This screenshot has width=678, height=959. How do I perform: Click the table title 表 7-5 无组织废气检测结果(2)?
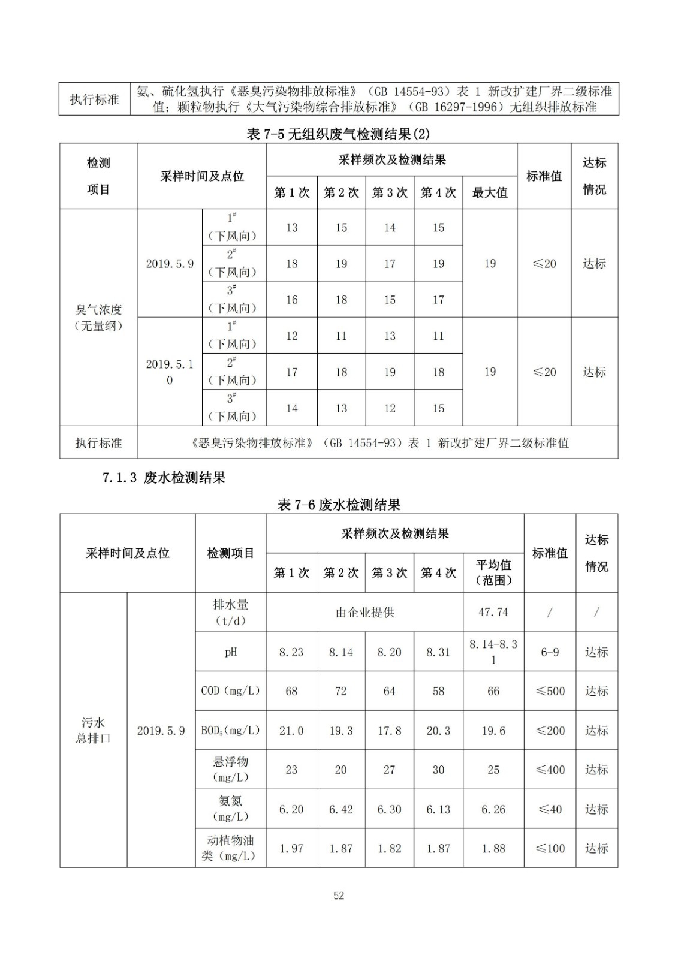[338, 134]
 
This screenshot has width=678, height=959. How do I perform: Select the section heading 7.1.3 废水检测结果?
[164, 478]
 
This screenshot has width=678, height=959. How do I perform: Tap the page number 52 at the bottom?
[339, 895]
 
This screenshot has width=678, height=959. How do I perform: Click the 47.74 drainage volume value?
[493, 612]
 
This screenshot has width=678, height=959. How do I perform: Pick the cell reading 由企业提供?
[364, 613]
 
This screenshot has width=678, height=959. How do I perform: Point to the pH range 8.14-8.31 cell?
[493, 652]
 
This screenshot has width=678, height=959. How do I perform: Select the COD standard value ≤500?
[550, 691]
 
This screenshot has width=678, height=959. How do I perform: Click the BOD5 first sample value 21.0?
[291, 731]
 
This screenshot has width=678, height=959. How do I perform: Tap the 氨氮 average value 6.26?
[493, 809]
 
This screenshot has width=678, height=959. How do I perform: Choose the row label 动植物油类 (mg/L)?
[230, 848]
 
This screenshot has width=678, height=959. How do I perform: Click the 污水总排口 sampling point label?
[93, 731]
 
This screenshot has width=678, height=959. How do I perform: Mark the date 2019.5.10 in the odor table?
[170, 372]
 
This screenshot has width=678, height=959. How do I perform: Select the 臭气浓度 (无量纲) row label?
[98, 318]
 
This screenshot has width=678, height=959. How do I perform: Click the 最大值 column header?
[489, 192]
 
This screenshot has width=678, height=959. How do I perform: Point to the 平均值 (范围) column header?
[493, 572]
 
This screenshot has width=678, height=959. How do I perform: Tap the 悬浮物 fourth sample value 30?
[438, 770]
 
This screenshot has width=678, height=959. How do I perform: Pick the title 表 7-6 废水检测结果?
[339, 505]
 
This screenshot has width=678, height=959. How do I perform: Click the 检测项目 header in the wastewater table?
[230, 553]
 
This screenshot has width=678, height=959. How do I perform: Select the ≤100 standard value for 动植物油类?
[550, 848]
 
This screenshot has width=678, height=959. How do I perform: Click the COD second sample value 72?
[340, 691]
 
